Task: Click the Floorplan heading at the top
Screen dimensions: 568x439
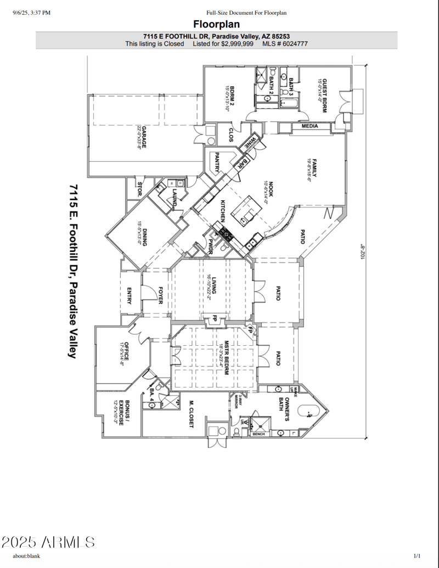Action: [x=216, y=25]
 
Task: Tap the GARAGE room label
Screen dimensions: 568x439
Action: [x=144, y=137]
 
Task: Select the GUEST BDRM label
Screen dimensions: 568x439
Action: [x=324, y=94]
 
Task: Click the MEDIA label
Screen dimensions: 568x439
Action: [x=310, y=126]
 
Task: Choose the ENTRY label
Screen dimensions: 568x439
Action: [x=129, y=296]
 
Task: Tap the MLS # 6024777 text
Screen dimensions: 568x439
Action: [x=285, y=43]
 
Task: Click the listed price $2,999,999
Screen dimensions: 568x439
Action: [x=237, y=43]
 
